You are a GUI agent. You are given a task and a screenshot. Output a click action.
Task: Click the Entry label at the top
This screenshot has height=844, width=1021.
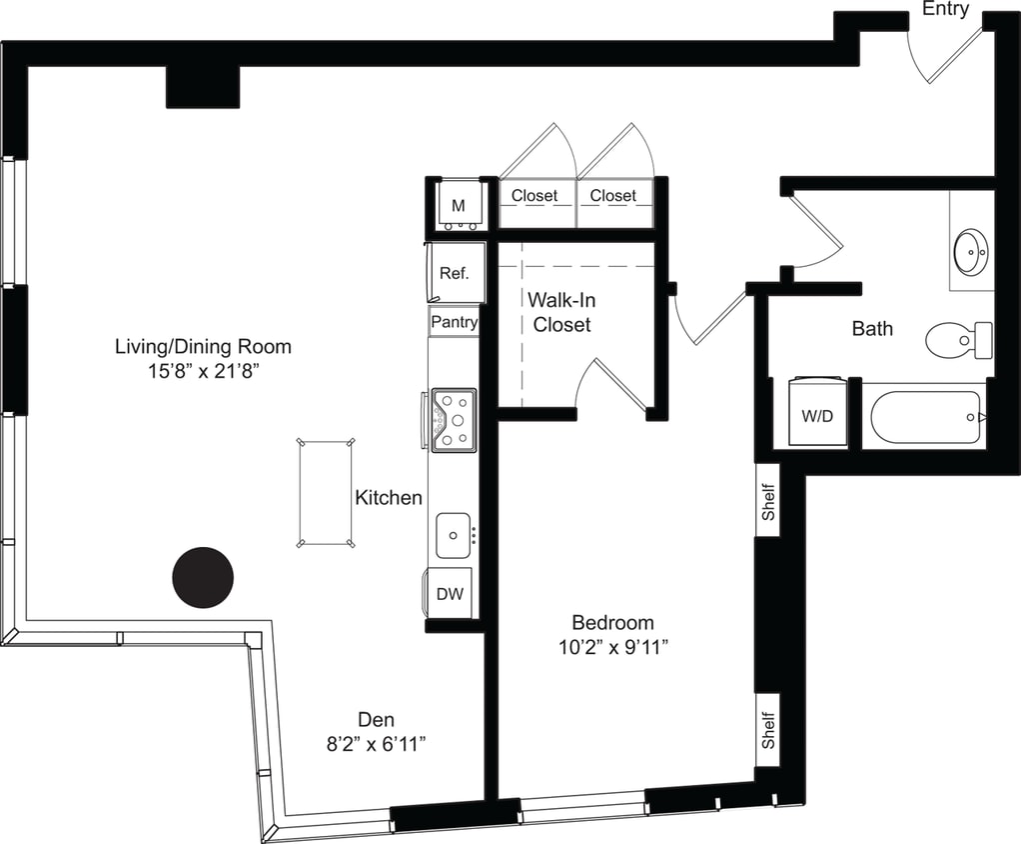coord(945,9)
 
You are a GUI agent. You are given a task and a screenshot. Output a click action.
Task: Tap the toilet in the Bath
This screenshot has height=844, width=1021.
coord(957,340)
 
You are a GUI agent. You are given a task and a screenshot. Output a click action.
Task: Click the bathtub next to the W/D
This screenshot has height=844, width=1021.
coord(925,417)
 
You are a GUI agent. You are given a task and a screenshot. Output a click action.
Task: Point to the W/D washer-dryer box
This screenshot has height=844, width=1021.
coord(817,414)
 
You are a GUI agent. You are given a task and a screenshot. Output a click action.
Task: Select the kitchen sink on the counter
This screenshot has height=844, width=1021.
coord(454,535)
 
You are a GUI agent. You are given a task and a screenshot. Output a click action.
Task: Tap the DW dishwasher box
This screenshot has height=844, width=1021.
coord(450,594)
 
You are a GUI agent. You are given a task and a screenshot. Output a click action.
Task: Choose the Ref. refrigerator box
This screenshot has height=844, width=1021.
coord(455,272)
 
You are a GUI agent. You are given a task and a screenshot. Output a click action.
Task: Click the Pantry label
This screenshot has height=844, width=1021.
coord(454,322)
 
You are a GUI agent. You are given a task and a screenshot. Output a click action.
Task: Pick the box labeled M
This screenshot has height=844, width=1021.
coord(459,206)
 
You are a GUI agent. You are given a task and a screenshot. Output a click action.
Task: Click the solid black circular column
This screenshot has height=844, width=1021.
coord(203,576)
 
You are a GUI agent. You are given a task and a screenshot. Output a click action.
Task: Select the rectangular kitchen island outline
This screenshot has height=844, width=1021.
coord(326,492)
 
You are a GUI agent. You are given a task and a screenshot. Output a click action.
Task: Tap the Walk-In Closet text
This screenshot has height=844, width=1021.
coord(560,312)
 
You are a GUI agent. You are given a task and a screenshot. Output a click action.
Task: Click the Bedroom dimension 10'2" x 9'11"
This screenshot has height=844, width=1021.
coord(612,647)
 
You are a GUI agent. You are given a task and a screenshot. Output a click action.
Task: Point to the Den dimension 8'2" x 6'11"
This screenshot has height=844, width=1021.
coord(376,744)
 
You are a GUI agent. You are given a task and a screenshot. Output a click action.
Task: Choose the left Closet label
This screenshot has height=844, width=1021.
coord(534,196)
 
